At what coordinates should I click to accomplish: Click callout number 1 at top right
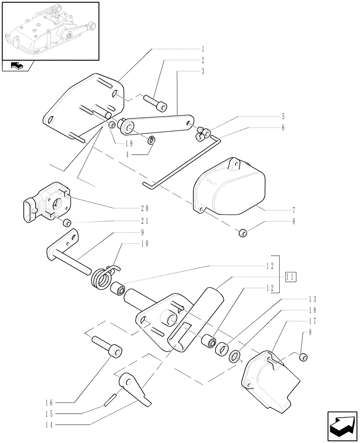pyautogui.click(x=203, y=48)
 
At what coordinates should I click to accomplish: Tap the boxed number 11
pyautogui.click(x=291, y=278)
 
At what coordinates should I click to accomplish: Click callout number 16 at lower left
pyautogui.click(x=61, y=403)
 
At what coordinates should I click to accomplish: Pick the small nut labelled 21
pyautogui.click(x=67, y=222)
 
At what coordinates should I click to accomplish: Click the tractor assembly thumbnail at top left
pyautogui.click(x=50, y=31)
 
